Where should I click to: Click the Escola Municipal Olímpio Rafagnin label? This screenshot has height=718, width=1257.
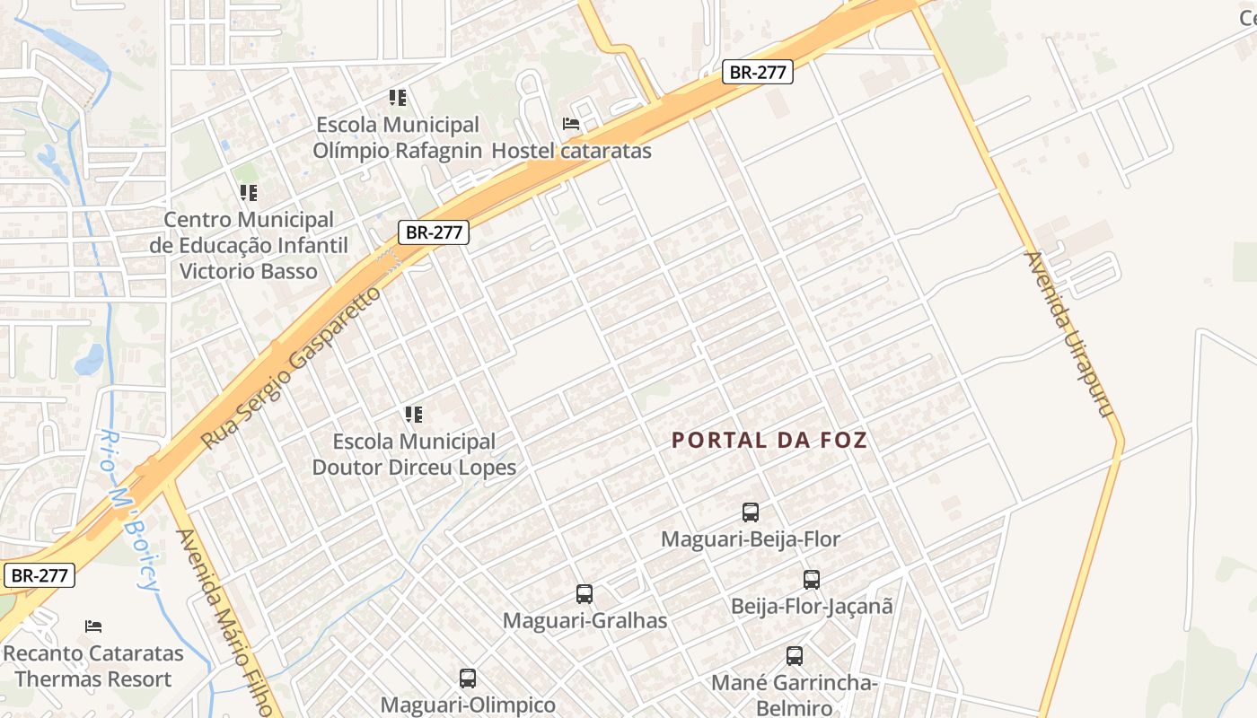(397, 137)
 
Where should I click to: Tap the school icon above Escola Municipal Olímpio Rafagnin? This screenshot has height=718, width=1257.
(398, 97)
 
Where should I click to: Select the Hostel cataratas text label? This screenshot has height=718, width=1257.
(571, 150)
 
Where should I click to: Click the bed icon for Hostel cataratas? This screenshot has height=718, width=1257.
(571, 124)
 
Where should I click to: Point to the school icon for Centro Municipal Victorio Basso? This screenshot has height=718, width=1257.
(249, 192)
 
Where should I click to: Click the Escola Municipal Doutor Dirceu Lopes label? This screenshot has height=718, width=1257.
(414, 454)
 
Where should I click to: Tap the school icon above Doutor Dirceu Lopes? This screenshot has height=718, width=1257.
(413, 414)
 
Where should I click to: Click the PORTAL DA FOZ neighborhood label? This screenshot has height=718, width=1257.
(769, 440)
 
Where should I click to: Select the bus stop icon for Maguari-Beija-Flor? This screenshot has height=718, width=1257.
(751, 512)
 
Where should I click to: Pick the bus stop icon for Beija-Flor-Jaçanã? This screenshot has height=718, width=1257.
(812, 580)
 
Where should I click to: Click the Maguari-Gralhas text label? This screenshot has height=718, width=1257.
(585, 620)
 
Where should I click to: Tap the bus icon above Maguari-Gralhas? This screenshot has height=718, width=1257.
(585, 594)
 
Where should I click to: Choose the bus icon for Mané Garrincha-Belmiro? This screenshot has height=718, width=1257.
(795, 656)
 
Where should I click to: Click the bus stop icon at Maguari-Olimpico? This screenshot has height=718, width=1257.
(468, 679)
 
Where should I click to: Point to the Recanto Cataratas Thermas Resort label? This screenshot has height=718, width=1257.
(93, 666)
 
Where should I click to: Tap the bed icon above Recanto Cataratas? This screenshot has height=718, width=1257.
(93, 626)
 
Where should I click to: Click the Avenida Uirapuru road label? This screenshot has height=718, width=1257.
(1069, 334)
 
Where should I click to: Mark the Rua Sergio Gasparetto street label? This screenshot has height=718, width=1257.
(291, 368)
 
